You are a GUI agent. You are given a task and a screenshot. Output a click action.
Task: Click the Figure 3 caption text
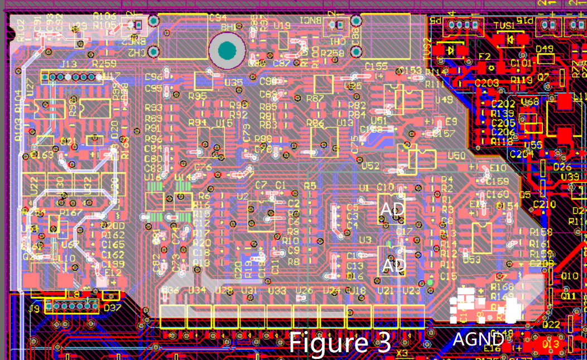[x=340, y=342]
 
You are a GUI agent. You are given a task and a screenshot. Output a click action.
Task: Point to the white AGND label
[x=478, y=338]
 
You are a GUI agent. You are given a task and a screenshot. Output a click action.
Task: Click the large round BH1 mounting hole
[x=227, y=51]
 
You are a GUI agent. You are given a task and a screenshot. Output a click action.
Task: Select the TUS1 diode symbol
[x=509, y=40]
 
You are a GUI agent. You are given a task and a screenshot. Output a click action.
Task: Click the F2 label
[x=484, y=56]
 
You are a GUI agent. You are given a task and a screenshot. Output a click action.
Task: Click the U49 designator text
[x=444, y=100]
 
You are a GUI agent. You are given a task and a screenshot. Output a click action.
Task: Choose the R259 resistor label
[x=104, y=65]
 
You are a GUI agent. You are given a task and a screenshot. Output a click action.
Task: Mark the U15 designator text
[x=224, y=122]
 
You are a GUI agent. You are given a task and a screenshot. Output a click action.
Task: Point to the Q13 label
[x=550, y=344]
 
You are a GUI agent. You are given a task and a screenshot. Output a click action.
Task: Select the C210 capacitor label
[x=544, y=204]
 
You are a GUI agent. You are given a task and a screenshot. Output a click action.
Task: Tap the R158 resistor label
[x=541, y=232]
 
